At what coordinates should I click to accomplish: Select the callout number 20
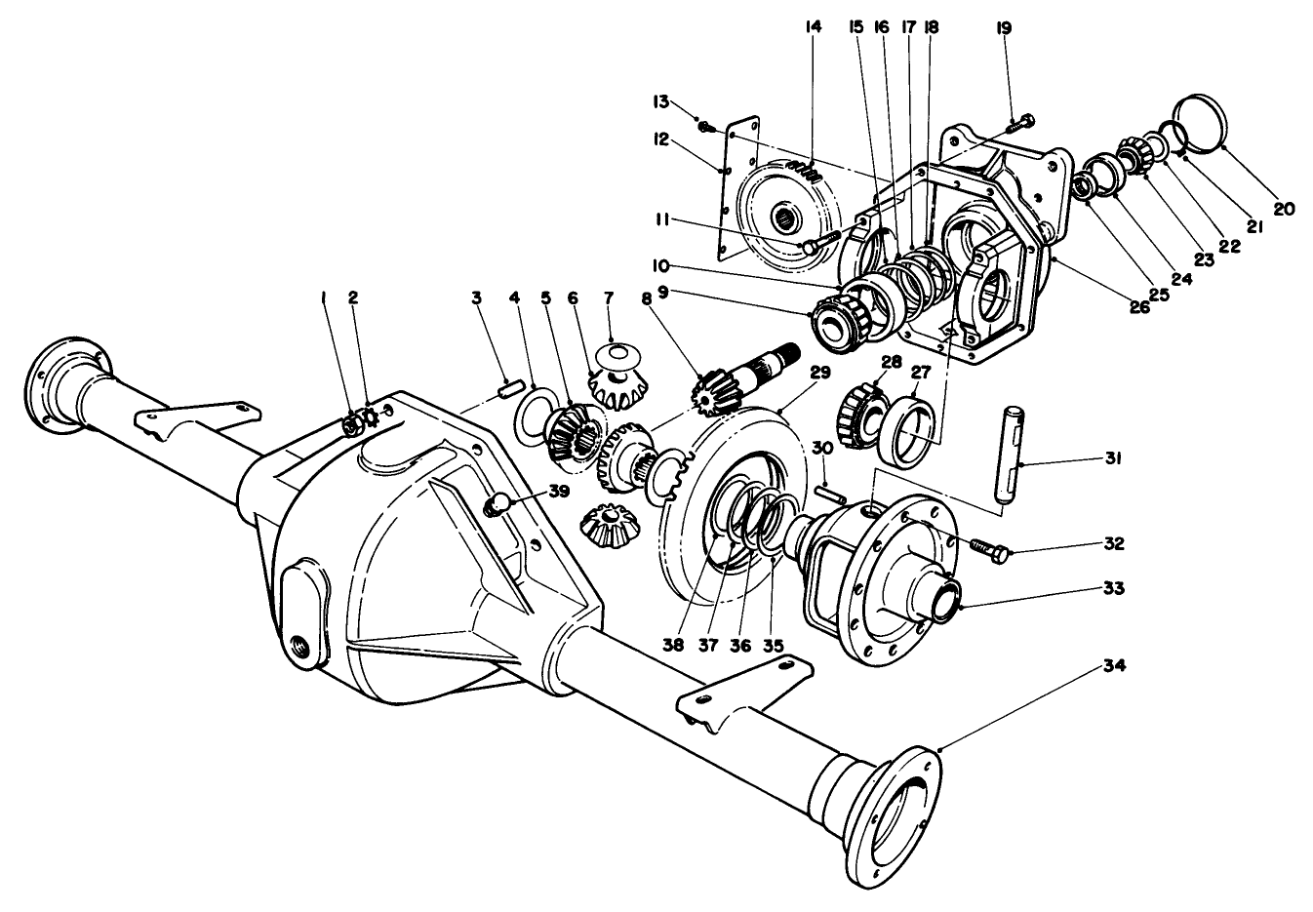pos(1284,209)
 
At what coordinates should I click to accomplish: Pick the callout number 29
pos(818,373)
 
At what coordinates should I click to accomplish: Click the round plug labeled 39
pos(498,504)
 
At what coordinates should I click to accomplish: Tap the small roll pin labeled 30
pos(831,494)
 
